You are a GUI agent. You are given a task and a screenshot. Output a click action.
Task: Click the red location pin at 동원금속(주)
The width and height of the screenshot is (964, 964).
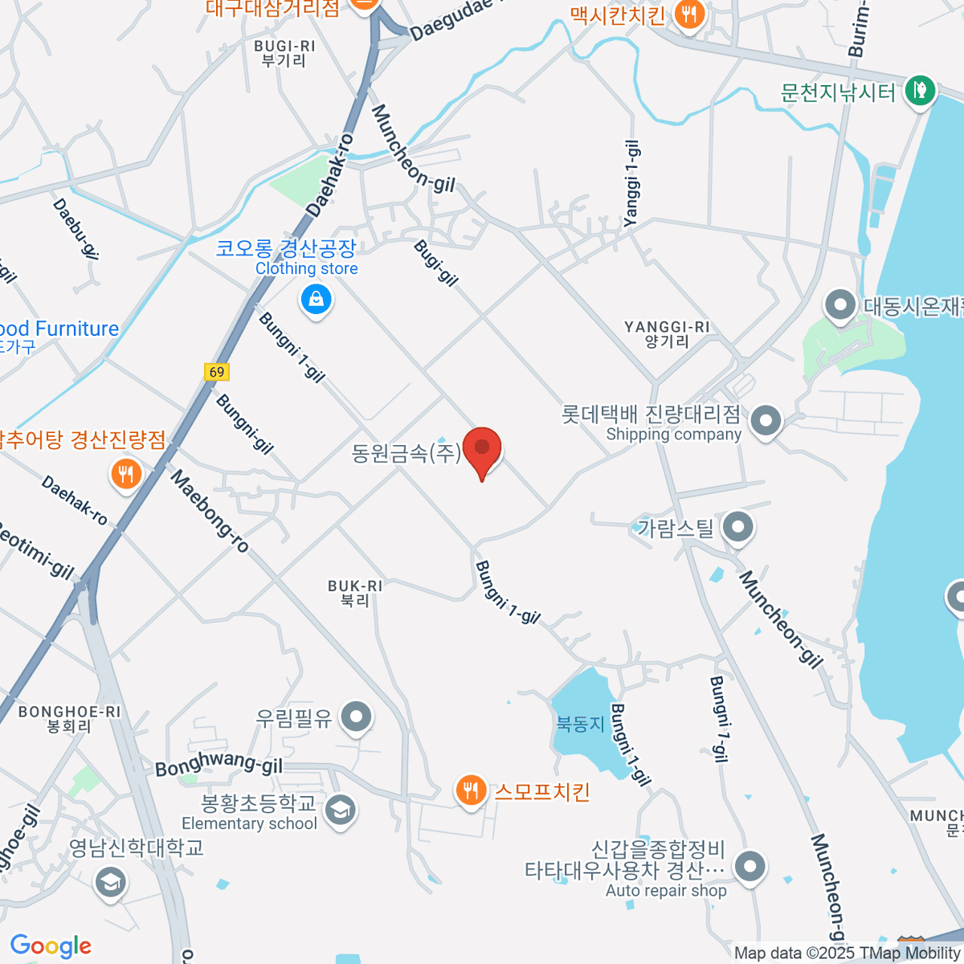[x=482, y=450]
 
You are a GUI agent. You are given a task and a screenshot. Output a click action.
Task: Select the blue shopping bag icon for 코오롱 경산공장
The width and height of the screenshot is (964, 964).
[x=317, y=301]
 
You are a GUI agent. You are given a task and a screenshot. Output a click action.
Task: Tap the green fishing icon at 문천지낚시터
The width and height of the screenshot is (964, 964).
[x=919, y=89]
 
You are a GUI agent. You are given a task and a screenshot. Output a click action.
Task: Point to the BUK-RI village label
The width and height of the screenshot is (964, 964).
[x=355, y=593]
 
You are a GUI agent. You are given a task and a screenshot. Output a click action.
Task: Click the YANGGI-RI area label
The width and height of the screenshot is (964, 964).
[x=667, y=333]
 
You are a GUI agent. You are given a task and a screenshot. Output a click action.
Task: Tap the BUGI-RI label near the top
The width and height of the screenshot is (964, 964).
[x=284, y=53]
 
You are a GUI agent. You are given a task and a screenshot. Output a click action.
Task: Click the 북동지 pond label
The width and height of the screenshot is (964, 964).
[x=580, y=724]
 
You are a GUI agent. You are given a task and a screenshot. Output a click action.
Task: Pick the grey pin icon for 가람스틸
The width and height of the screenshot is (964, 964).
[x=737, y=528]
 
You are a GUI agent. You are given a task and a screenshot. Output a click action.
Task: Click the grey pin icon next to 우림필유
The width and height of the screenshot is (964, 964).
[x=356, y=717]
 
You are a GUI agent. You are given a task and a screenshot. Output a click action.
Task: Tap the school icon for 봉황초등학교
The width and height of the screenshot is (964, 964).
[x=341, y=810]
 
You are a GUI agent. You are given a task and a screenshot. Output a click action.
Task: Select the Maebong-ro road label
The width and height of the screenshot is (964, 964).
[x=210, y=512]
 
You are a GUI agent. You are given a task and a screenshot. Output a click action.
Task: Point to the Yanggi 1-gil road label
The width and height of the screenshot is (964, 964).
[x=632, y=183]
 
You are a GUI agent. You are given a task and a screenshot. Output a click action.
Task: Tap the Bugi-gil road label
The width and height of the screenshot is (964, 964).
[x=436, y=263]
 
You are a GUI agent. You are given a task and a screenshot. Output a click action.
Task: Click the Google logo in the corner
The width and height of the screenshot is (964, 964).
[x=51, y=946]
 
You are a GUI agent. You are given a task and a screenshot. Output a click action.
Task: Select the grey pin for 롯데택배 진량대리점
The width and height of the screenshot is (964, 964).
[x=766, y=420]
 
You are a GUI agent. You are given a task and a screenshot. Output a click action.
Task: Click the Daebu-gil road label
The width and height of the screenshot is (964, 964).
[x=76, y=229]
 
